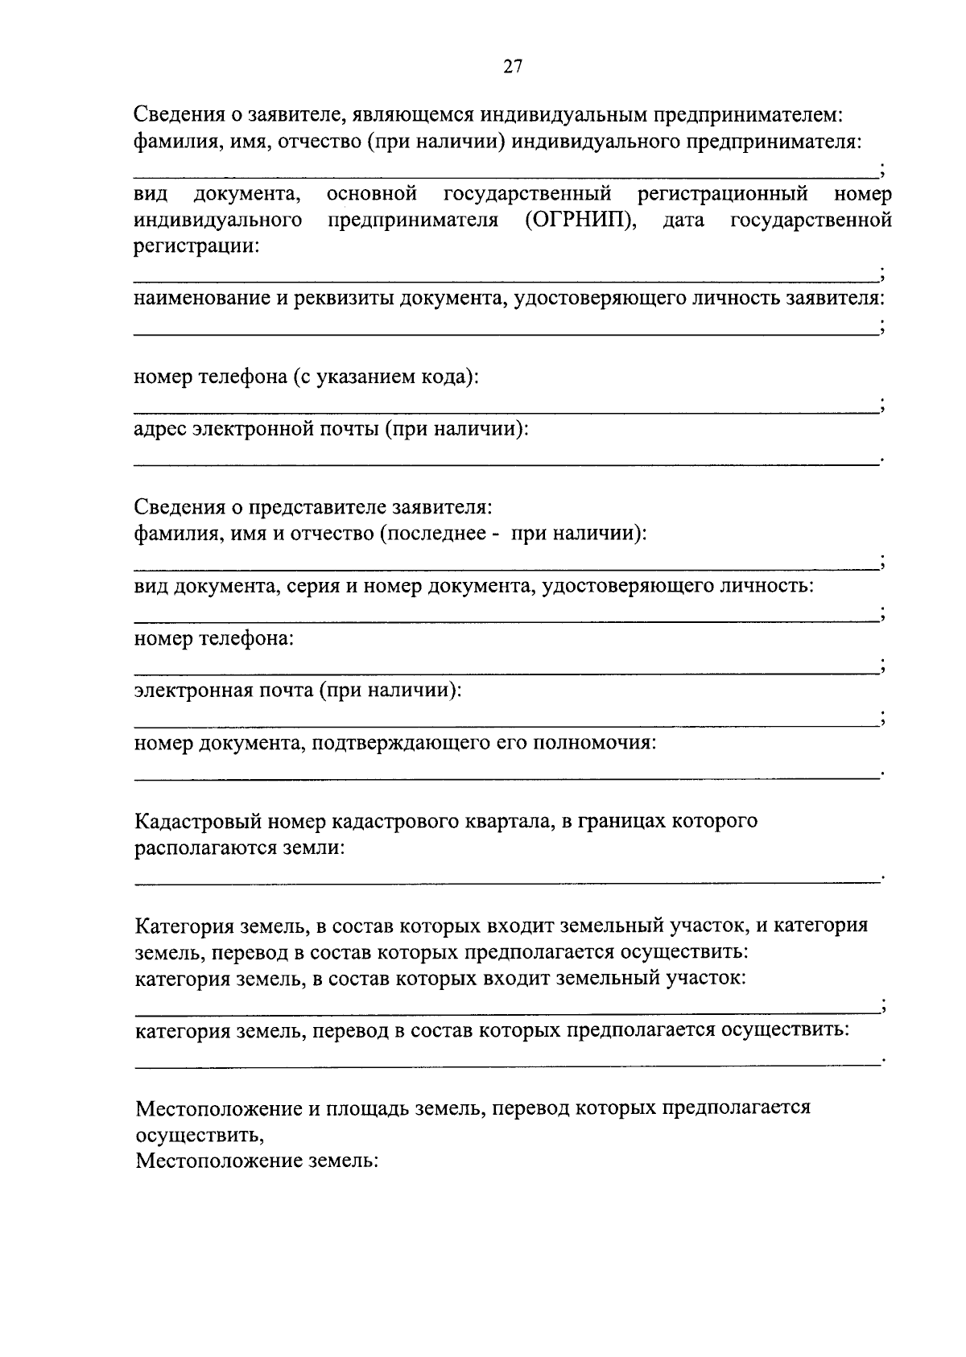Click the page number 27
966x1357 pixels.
pyautogui.click(x=513, y=68)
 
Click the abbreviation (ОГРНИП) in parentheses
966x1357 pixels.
pyautogui.click(x=580, y=220)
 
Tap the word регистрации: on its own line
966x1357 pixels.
pyautogui.click(x=196, y=246)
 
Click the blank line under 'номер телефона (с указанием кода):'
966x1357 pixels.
pyautogui.click(x=506, y=411)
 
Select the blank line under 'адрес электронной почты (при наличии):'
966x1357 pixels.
pyautogui.click(x=506, y=464)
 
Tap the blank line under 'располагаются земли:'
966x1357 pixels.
pyautogui.click(x=506, y=883)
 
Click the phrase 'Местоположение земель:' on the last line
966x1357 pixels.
pyautogui.click(x=256, y=1161)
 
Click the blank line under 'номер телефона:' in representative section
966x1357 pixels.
pyautogui.click(x=506, y=673)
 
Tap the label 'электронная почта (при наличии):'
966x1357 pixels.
pyautogui.click(x=298, y=691)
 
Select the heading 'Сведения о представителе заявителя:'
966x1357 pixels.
pyautogui.click(x=312, y=507)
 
